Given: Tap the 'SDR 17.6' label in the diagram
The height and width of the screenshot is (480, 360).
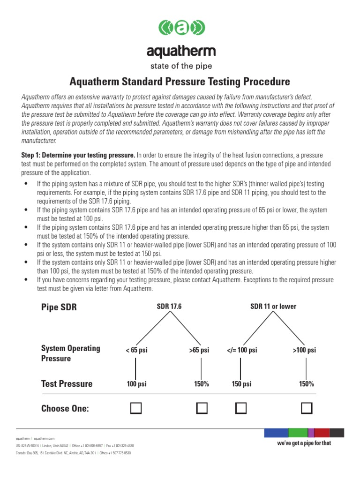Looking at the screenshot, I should [x=169, y=307].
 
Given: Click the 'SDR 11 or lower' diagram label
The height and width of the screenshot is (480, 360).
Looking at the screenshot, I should [x=273, y=307].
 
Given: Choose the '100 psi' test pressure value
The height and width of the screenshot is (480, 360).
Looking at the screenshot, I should [x=136, y=384].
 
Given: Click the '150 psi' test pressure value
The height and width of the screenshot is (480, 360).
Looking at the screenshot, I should [x=241, y=384].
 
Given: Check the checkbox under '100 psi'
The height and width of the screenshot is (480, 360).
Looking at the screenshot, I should [x=136, y=408].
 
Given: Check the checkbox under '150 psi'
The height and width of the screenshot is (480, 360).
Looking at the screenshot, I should [x=241, y=408].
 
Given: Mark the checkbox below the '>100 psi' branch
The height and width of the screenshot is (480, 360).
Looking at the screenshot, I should [x=307, y=408].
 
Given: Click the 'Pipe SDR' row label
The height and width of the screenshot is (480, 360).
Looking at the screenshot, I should [x=59, y=307].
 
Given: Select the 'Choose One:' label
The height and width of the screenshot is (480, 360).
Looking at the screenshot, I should [x=65, y=408].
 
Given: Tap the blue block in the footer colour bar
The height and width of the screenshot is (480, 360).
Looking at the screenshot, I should [x=276, y=433].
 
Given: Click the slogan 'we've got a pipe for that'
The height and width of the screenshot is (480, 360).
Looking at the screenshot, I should [x=304, y=443].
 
